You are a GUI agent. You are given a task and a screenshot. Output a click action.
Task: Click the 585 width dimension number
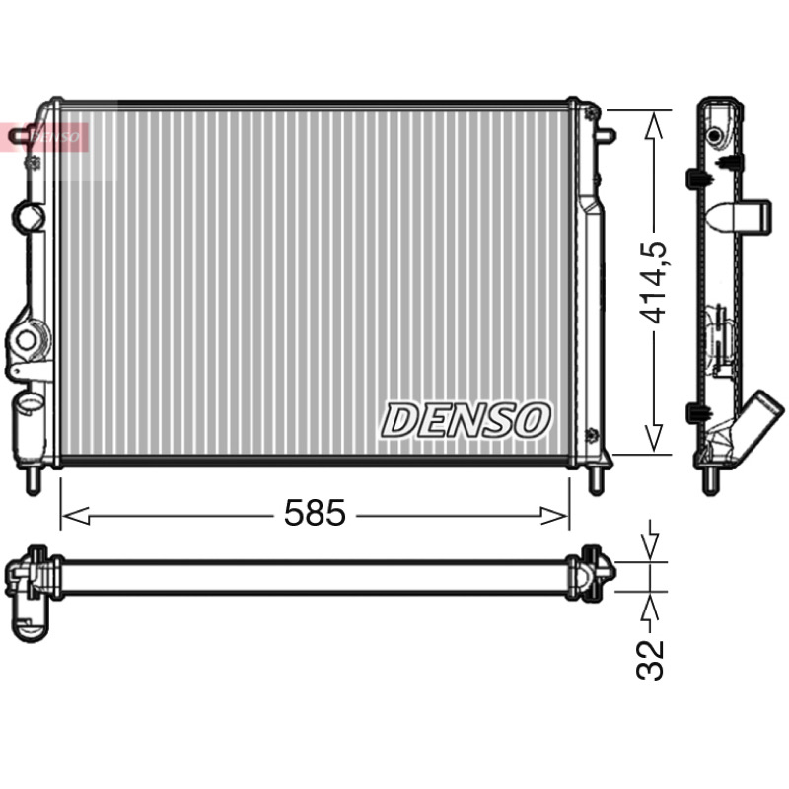coord(315,513)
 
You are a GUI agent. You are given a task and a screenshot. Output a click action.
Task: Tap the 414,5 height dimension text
coord(652,283)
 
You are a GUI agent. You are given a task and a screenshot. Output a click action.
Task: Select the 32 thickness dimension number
coord(650,660)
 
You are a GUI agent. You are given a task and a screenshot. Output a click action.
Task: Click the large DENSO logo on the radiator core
coord(466,420)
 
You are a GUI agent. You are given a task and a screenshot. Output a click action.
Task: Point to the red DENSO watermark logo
coord(44,137)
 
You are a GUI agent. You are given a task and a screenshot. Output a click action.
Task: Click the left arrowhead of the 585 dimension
coord(75,516)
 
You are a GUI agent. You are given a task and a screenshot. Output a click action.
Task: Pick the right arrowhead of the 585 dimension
coord(555,516)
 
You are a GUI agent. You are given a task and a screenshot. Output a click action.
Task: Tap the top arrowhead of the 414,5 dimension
coord(654,124)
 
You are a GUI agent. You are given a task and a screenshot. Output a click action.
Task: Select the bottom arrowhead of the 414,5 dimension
coord(654,439)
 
